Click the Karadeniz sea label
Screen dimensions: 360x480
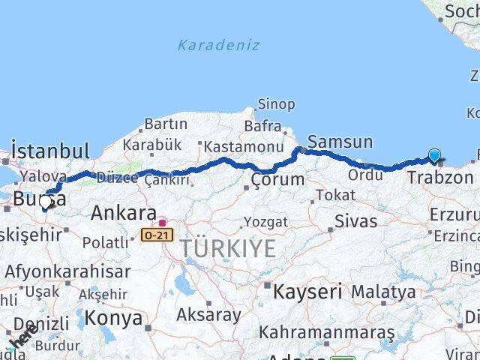218,45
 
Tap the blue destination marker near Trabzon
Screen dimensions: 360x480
435,156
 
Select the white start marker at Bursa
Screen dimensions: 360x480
46,202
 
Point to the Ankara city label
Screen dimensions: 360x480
124,213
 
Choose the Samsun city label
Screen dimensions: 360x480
340,142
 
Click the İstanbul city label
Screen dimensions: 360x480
51,150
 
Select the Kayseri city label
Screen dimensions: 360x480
307,291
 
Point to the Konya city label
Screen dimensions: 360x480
113,318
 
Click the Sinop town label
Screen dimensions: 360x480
276,104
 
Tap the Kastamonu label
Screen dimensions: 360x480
243,146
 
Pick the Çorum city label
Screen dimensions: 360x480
277,180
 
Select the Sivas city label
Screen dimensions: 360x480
355,221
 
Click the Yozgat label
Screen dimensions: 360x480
265,222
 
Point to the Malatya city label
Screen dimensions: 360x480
383,291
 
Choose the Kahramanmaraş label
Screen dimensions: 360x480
327,331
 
